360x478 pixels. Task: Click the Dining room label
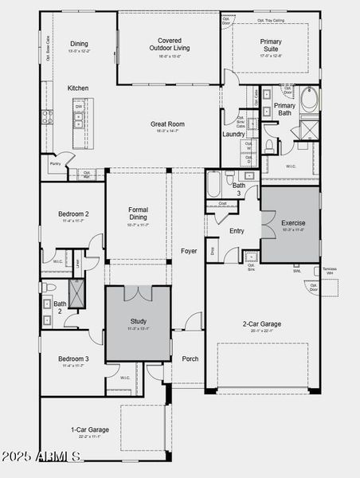(79, 44)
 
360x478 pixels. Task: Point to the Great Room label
(168, 123)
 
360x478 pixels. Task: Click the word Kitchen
(78, 88)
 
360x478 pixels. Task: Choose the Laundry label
(233, 134)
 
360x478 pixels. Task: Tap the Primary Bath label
(284, 110)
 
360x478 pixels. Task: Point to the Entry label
(237, 231)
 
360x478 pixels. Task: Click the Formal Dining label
(138, 214)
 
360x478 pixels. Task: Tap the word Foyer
(189, 250)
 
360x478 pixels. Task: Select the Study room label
(138, 322)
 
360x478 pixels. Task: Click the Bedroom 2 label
(73, 214)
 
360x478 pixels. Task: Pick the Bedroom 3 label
(73, 359)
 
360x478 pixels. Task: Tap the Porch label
(190, 358)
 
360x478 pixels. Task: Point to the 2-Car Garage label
(262, 323)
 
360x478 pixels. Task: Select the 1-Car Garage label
(89, 429)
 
